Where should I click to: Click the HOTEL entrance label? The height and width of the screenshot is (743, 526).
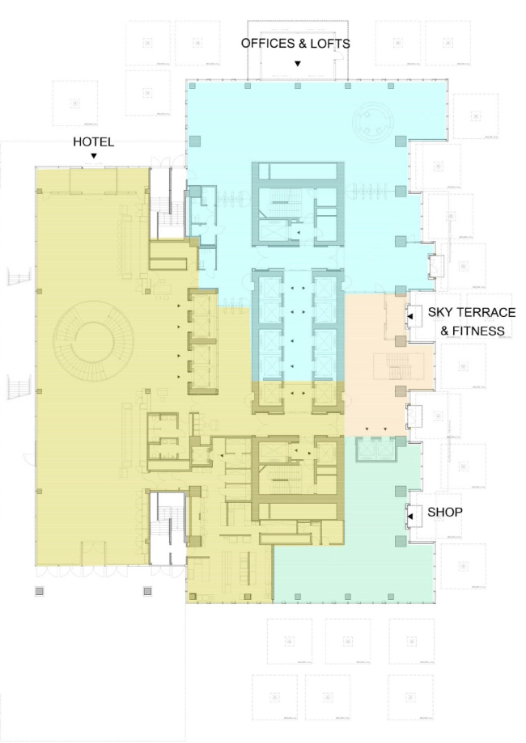pos(93,141)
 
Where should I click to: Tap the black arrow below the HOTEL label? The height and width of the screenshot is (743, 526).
pos(94,155)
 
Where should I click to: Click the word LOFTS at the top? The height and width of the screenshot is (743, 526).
pos(331,44)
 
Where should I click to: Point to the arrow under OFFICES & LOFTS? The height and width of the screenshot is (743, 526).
pos(298,63)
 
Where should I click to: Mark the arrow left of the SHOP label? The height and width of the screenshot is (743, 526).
pos(411,514)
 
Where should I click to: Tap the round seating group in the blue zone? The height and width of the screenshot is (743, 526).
pos(373,122)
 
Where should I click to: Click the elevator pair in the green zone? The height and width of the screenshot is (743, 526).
pos(375,450)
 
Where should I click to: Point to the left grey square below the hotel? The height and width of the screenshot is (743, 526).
pos(39,591)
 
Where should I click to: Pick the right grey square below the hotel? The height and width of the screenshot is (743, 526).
pos(148,591)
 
